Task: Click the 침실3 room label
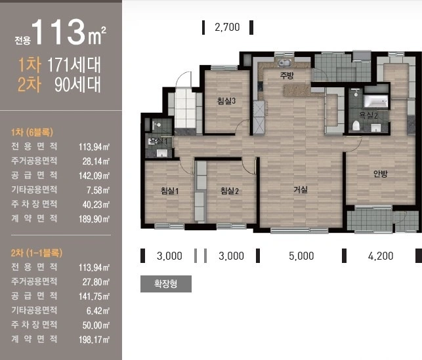pos(226,101)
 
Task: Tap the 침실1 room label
pos(169,191)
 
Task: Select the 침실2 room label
pos(230,191)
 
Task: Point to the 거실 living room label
pos(301,190)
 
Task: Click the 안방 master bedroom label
pos(380,174)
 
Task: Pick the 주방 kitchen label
pos(287,75)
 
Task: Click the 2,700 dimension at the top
pos(227,27)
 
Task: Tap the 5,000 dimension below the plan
pos(301,256)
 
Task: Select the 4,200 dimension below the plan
pos(381,256)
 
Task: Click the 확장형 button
pos(166,284)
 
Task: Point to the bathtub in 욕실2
pos(376,101)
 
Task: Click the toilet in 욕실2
pos(356,125)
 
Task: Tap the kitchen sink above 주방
pos(285,63)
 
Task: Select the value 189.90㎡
pos(95,219)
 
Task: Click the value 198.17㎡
pos(95,340)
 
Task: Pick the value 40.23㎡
pos(96,205)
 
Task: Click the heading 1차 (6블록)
pos(32,132)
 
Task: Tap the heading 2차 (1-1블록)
pos(37,252)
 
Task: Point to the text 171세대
pos(74,64)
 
